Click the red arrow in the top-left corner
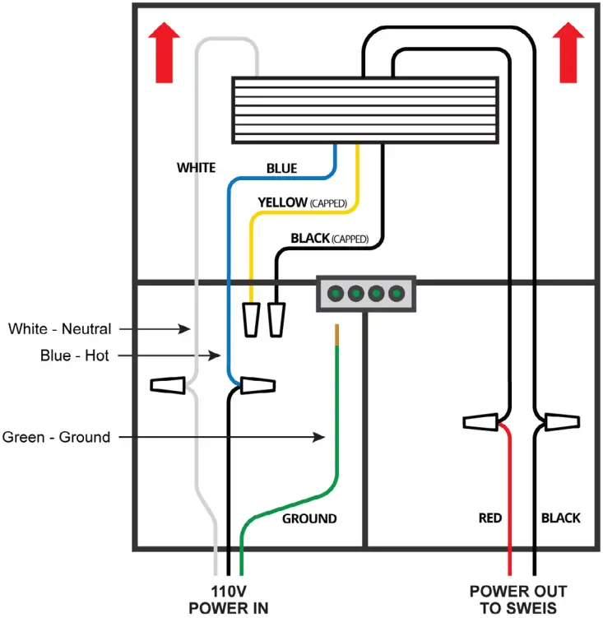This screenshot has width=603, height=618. (165, 53)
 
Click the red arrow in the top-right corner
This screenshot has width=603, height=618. (568, 53)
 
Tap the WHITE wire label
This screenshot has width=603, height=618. (197, 168)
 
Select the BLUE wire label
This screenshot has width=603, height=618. (282, 169)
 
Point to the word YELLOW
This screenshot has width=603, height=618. (283, 202)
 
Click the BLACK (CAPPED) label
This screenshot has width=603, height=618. (330, 239)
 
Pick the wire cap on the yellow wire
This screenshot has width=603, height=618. (252, 319)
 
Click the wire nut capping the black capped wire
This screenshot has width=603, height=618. (276, 319)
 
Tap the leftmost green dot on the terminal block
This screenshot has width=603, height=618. (336, 294)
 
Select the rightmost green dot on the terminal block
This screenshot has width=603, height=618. (397, 294)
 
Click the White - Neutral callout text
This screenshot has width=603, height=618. (60, 328)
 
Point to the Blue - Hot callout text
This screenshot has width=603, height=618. (75, 355)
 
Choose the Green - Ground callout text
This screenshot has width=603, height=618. (57, 437)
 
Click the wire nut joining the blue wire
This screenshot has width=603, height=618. (257, 385)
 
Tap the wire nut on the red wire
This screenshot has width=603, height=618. (480, 422)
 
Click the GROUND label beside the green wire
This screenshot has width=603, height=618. (309, 518)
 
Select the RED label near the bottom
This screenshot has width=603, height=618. (490, 518)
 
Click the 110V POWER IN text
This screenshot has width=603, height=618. (229, 600)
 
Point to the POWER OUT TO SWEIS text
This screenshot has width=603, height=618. (518, 600)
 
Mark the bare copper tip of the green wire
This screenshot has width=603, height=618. (336, 335)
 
